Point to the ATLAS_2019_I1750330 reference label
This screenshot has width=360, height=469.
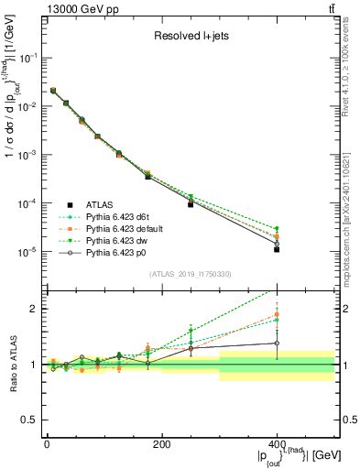pos(191,274)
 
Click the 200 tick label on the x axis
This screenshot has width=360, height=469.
pos(161,443)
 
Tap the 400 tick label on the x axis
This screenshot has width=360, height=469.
pos(276,443)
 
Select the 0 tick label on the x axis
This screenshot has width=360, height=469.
pos(47,443)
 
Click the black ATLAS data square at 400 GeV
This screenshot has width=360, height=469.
pos(277,249)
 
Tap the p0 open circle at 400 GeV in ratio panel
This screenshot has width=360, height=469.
pos(277,344)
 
